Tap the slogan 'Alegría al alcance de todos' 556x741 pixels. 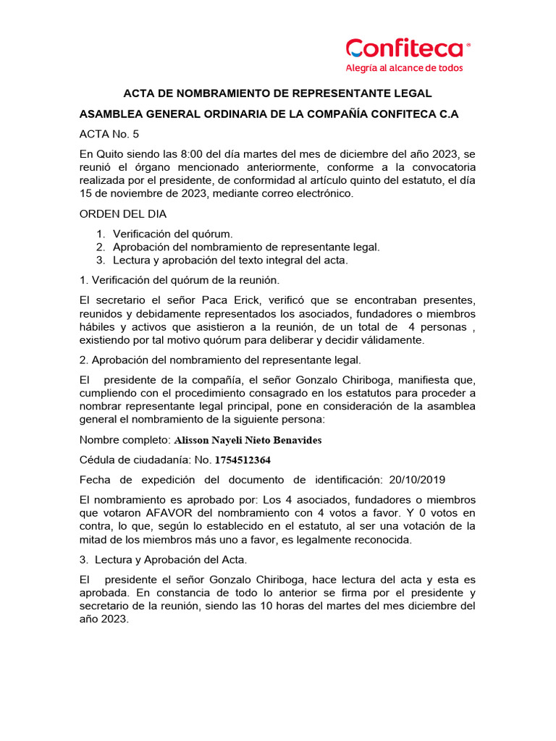click(404, 68)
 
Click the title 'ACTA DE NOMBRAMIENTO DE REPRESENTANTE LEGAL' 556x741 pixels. click(277, 93)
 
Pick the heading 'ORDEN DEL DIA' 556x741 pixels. click(123, 214)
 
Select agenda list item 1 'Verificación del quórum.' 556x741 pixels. click(173, 234)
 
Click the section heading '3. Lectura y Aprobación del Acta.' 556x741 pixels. click(163, 560)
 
